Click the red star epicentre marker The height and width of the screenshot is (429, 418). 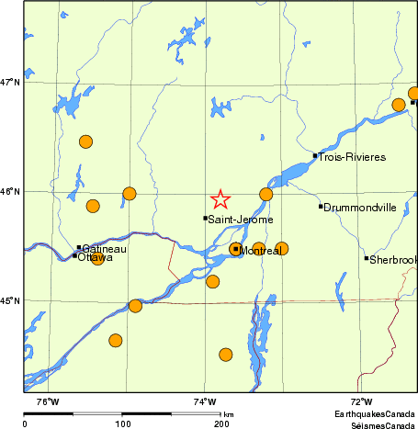point(220,199)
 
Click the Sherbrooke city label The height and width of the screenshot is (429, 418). point(393,260)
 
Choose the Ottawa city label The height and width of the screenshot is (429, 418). point(96,258)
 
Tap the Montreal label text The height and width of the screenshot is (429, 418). point(260,250)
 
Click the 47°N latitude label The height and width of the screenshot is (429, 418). point(10,83)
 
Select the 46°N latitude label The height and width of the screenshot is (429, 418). point(10,191)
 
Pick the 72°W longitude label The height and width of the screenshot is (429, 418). point(361,401)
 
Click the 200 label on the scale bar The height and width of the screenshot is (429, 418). point(220,423)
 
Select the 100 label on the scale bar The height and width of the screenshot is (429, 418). point(122,423)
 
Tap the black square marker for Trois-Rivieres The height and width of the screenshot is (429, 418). point(315,155)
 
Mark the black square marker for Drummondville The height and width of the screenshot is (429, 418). point(321,206)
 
